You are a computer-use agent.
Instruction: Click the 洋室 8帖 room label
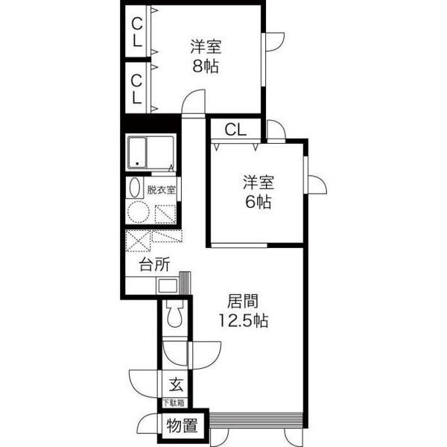pos(206,57)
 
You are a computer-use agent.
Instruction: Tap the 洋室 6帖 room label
pos(259,192)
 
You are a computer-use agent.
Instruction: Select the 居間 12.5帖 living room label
pos(243,311)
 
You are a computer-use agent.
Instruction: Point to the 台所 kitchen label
pos(154,264)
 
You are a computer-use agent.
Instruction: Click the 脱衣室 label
pos(161,190)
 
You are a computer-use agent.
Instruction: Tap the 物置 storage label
pos(183,425)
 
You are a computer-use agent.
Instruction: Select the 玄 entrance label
pos(176,384)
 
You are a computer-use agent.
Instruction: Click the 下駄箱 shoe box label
pos(174,403)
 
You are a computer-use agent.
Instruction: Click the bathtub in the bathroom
pos(137,153)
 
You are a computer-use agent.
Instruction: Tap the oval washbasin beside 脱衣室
pos(135,187)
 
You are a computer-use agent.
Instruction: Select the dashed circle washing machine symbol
pos(139,212)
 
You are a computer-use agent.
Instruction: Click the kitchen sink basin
pos(168,285)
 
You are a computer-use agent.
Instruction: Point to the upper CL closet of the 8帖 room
pos(137,31)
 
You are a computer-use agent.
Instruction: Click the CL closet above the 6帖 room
pos(235,130)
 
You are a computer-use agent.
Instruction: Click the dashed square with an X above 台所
pos(138,241)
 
